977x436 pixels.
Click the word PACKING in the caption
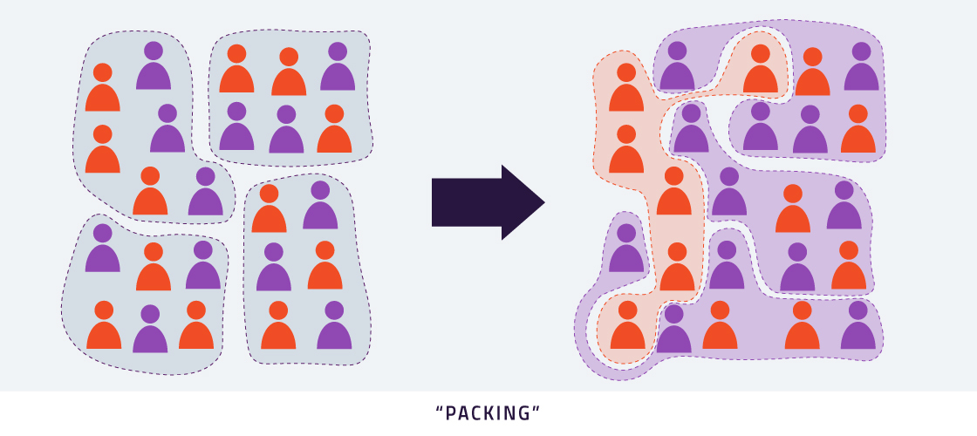pos(488,413)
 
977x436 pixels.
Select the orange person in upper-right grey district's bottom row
pos(334,130)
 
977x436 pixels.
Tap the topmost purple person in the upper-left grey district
pos(154,66)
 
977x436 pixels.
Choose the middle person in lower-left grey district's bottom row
pos(150,330)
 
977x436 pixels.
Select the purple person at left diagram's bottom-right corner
pos(334,326)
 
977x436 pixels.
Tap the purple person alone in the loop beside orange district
pos(626,249)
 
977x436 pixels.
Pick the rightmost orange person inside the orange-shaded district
pos(761,71)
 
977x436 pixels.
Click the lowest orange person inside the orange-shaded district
pos(627,326)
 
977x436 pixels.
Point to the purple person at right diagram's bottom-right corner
pos(858,326)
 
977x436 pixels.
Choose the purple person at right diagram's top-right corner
pos(861,68)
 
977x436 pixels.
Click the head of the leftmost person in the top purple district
pos(678,51)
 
